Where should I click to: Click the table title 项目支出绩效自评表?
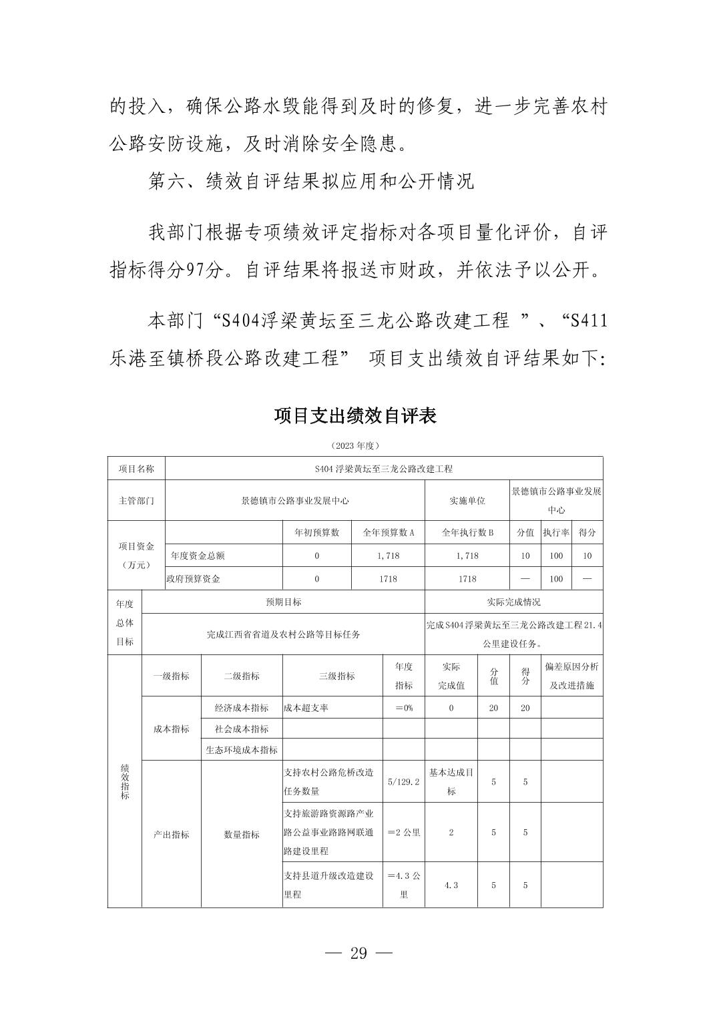click(x=355, y=416)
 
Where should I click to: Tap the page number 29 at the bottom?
click(x=358, y=953)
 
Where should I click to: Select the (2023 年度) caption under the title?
click(x=355, y=445)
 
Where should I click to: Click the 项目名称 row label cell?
click(x=136, y=469)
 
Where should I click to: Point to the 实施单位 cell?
click(x=467, y=500)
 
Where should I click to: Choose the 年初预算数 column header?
click(x=317, y=532)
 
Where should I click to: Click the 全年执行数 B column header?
click(x=467, y=532)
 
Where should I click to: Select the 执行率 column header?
click(x=556, y=532)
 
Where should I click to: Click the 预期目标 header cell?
click(x=284, y=602)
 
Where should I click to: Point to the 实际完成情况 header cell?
click(x=513, y=602)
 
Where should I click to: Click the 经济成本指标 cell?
click(x=242, y=708)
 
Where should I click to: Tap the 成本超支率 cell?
click(x=306, y=708)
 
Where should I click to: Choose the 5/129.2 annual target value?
click(x=404, y=781)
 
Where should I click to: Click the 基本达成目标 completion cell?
click(x=451, y=781)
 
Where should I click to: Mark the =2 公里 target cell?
click(x=404, y=833)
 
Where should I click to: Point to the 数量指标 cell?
click(x=242, y=834)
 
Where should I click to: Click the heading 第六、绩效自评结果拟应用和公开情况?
click(x=311, y=182)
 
